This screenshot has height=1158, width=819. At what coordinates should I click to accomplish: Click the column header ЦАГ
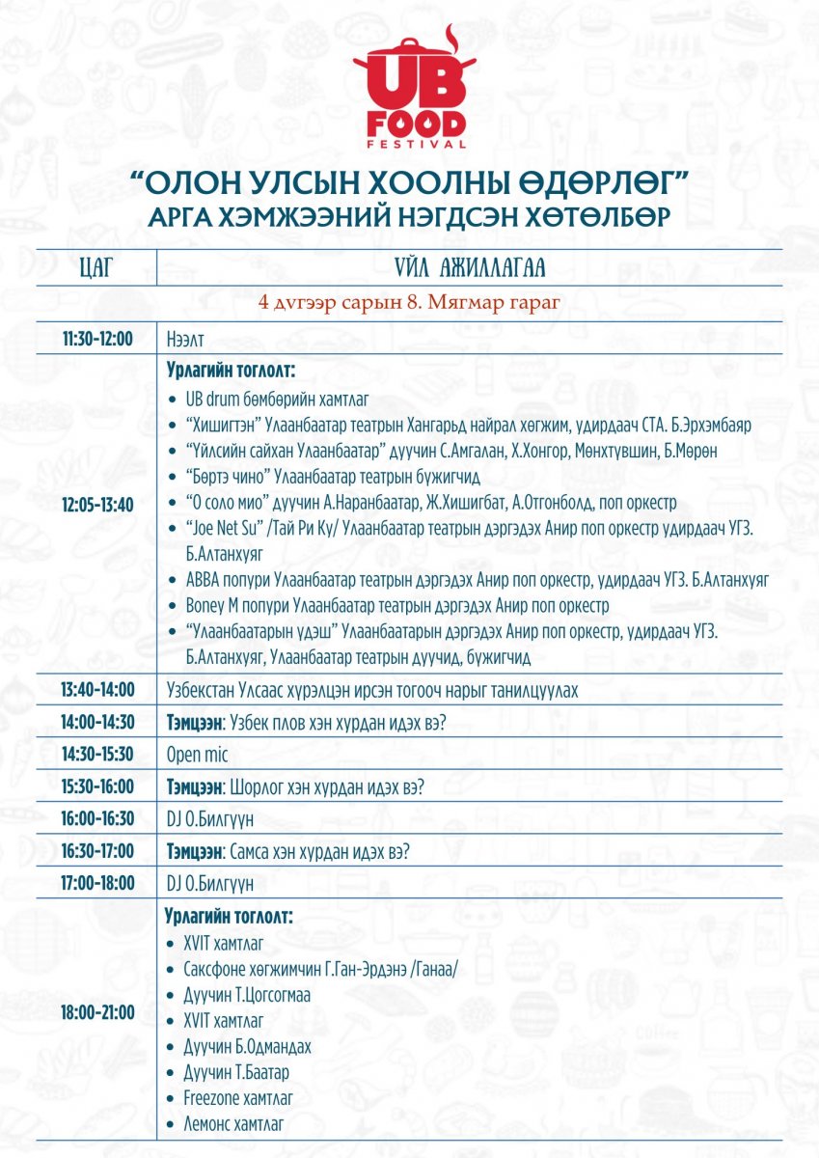pos(96,267)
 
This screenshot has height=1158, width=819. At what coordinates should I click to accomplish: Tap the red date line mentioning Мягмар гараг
pos(409,302)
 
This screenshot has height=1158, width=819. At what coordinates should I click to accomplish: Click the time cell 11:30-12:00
pos(97,340)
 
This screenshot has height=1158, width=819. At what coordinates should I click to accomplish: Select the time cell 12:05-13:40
pos(97,503)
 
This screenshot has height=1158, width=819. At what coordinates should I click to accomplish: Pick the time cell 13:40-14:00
pos(97,690)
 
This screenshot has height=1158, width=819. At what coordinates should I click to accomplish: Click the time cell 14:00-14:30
pos(97,722)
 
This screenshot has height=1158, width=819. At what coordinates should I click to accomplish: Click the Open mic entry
pos(197,755)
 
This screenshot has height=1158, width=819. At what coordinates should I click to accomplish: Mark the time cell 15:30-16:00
pos(97,786)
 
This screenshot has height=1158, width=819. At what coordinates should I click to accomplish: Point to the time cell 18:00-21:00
pos(97,1012)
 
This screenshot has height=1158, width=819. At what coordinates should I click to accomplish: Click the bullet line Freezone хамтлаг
pos(238,1098)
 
